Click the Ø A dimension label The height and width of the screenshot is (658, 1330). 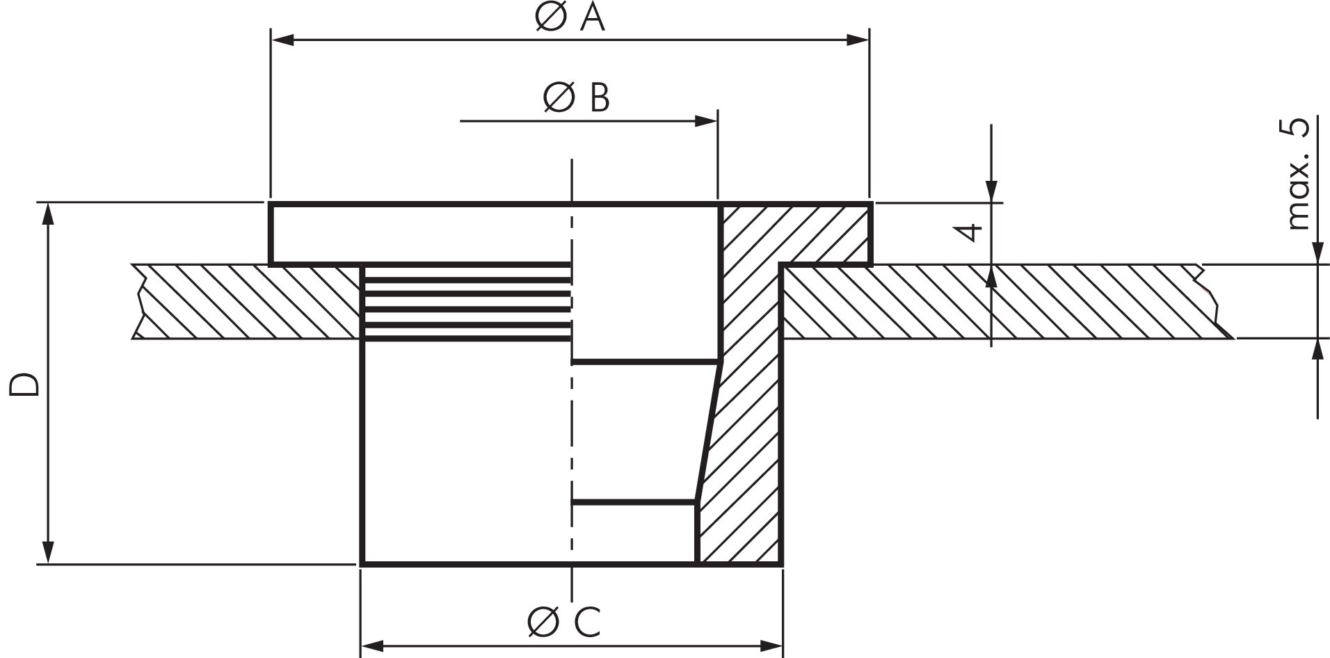click(570, 19)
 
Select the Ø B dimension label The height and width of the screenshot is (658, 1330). click(576, 98)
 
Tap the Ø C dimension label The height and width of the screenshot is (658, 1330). click(563, 622)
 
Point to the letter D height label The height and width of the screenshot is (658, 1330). click(23, 385)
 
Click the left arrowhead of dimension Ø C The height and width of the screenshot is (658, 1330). click(374, 646)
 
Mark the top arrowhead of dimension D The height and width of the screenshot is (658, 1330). click(47, 216)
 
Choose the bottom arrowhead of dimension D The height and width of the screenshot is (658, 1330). click(47, 552)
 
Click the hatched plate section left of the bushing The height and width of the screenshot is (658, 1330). click(250, 301)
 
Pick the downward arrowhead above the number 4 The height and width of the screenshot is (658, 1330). click(991, 191)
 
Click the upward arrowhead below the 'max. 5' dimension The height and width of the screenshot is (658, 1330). click(1317, 351)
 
